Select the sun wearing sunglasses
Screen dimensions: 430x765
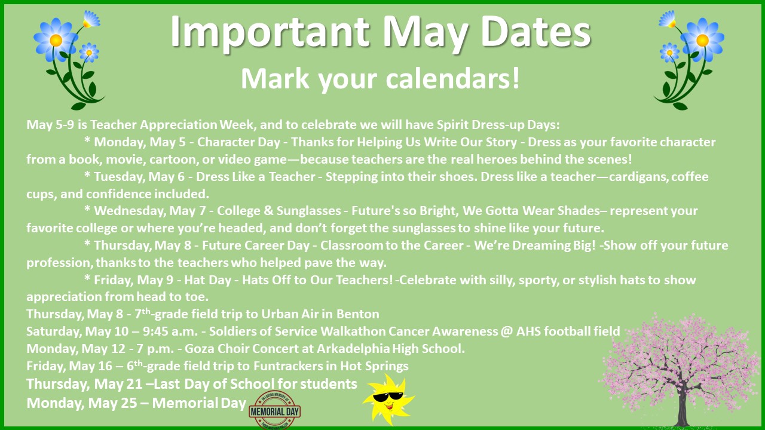pyautogui.click(x=388, y=399)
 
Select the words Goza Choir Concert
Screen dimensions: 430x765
pyautogui.click(x=222, y=349)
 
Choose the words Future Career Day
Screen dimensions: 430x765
pyautogui.click(x=258, y=245)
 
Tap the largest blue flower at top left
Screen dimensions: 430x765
pyautogui.click(x=56, y=39)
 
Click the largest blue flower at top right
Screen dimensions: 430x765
pyautogui.click(x=702, y=40)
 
